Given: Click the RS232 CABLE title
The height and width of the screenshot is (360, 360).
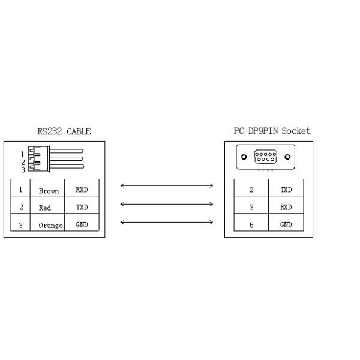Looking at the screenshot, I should point(64,131).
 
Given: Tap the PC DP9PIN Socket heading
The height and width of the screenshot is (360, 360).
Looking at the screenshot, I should point(272,131).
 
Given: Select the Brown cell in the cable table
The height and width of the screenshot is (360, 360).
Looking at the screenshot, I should point(49,191).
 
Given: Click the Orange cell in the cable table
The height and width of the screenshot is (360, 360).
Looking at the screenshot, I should point(50,225).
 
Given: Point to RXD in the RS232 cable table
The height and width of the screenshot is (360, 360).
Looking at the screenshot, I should point(82,190).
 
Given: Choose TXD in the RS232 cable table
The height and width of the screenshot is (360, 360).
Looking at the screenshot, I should point(82,207).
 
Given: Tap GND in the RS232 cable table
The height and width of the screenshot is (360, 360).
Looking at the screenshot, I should point(82,224).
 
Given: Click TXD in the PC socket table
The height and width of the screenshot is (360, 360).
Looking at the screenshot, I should point(286,190).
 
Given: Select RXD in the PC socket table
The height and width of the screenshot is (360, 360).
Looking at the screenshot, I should point(286,207).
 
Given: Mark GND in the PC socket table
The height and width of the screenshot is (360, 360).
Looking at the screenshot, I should point(286,224).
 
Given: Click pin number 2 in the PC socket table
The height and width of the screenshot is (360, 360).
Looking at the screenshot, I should point(251,190).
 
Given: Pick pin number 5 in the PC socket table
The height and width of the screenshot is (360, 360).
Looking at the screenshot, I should point(251,224).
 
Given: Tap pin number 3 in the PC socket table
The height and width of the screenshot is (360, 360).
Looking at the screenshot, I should point(251,207).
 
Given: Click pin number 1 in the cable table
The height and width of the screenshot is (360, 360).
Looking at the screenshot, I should point(21,190).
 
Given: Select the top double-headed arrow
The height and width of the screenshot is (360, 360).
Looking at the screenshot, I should point(167,186).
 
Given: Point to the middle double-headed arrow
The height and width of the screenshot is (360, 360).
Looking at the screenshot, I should point(167,204).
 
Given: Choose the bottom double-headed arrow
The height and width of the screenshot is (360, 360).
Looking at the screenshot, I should point(167,222).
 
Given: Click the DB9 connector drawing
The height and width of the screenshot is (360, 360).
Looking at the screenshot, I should point(266,158).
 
